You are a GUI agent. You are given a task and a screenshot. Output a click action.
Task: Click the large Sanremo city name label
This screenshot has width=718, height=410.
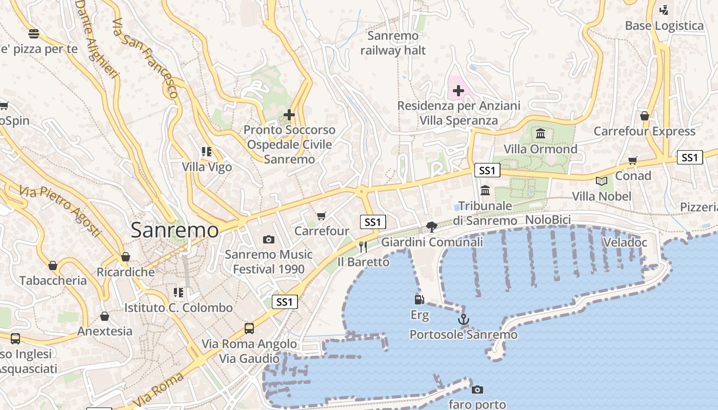coord(174,230)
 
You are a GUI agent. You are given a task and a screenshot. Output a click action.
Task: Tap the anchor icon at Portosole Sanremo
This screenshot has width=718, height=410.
coord(464,319)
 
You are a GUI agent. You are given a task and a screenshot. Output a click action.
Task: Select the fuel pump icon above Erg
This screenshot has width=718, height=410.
coord(420,299)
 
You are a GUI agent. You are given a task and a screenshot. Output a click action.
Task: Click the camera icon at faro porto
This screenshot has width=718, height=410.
coord(477,389)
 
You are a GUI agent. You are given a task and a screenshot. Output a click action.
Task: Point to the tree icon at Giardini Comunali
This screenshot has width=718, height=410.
coord(432,227)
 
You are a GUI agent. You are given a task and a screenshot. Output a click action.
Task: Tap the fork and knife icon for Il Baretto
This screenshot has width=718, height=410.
coord(363,247)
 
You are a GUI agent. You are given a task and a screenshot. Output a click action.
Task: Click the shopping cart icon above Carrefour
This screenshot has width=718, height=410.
coord(322,216)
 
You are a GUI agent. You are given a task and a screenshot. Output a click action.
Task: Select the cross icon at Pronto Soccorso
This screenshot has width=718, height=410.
coord(289,114)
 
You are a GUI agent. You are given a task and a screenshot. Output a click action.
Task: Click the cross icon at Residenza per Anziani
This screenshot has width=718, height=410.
coord(458,91)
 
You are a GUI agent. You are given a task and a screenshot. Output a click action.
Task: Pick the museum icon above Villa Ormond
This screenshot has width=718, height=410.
coord(541,134)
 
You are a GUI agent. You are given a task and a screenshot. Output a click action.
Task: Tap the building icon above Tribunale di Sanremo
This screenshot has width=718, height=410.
coord(485,191)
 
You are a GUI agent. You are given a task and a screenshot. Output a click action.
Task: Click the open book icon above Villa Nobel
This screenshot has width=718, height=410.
coord(602,181)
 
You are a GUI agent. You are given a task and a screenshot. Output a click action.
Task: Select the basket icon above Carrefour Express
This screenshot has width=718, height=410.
coord(645,116)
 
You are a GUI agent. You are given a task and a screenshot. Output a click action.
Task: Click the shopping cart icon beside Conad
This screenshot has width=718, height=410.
coord(633,161)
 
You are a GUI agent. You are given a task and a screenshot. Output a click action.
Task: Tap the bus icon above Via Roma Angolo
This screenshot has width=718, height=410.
coord(249,328)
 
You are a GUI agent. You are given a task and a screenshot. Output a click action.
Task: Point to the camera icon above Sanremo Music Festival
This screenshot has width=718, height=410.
coord(268,239)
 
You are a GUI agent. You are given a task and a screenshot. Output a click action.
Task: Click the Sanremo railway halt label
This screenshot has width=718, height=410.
coord(393,43)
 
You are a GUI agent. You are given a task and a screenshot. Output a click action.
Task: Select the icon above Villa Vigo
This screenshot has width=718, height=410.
coord(207,151)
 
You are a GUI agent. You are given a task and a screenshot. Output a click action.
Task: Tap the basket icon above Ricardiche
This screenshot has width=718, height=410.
coord(126,257)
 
